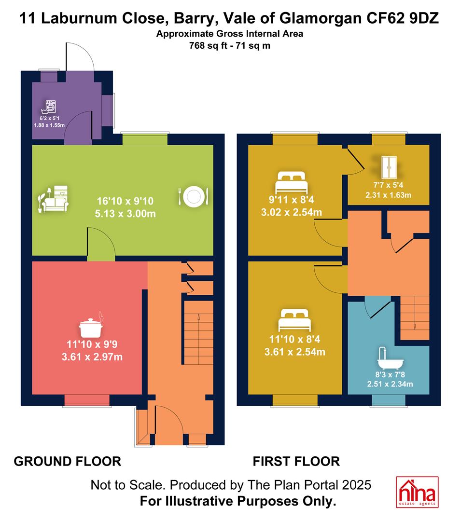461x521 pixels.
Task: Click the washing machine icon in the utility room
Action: pyautogui.click(x=49, y=107)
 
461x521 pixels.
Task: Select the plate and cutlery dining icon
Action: pyautogui.click(x=194, y=197)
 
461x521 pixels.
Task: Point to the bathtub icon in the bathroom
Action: pyautogui.click(x=390, y=358)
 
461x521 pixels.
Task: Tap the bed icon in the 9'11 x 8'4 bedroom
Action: pyautogui.click(x=291, y=182)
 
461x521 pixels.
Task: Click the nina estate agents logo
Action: pyautogui.click(x=417, y=492)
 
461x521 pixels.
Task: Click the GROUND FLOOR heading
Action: pyautogui.click(x=68, y=462)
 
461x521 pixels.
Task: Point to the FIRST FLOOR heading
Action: pyautogui.click(x=296, y=462)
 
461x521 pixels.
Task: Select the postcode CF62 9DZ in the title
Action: pyautogui.click(x=403, y=18)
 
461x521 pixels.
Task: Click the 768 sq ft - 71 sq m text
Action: pyautogui.click(x=230, y=45)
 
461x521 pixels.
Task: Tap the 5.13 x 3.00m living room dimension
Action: pyautogui.click(x=126, y=214)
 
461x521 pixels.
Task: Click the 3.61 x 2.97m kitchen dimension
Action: pyautogui.click(x=92, y=357)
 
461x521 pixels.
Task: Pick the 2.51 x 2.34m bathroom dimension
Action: pyautogui.click(x=390, y=384)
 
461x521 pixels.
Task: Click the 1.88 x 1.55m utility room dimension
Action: pyautogui.click(x=49, y=125)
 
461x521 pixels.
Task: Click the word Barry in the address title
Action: pyautogui.click(x=194, y=19)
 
